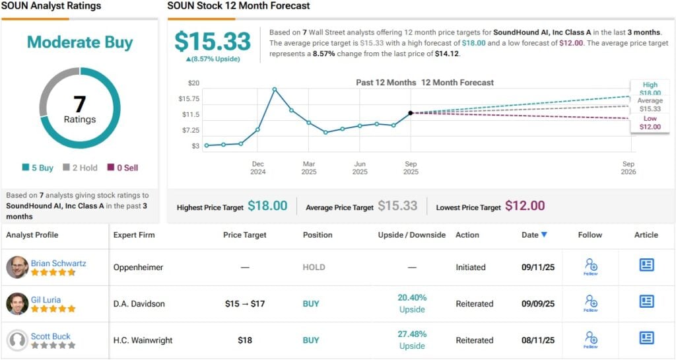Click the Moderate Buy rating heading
(80, 43)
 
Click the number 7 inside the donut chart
(80, 104)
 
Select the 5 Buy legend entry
(38, 168)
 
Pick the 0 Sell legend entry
(123, 168)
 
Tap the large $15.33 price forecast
(213, 42)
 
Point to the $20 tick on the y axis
(193, 83)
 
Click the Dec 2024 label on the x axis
(257, 168)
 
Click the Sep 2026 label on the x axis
(628, 168)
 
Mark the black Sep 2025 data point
(411, 114)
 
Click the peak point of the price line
(275, 89)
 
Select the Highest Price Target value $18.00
(267, 206)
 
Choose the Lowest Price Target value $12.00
(525, 206)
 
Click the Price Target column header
(245, 235)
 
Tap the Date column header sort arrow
(544, 235)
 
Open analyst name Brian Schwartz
(58, 263)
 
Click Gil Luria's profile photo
(17, 304)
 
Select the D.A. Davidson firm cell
(139, 304)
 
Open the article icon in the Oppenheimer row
(646, 265)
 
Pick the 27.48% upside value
(413, 334)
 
